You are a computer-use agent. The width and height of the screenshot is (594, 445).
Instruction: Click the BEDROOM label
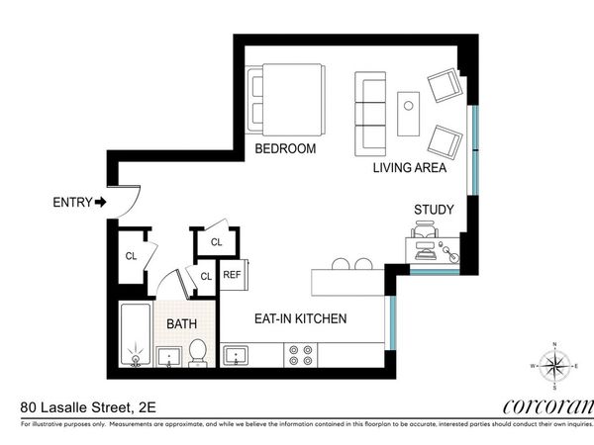tap(285, 149)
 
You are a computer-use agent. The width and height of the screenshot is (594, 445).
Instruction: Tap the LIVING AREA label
tap(409, 168)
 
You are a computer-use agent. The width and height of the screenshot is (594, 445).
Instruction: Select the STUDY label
tap(434, 210)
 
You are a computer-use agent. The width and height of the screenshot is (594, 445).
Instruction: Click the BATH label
tap(180, 323)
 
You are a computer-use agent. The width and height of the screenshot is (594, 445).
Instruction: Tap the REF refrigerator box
tap(233, 275)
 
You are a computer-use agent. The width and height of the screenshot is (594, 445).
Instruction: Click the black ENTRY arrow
tap(101, 202)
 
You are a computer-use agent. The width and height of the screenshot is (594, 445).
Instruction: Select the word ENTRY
tap(71, 203)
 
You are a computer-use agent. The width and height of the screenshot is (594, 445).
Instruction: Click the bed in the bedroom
tap(287, 100)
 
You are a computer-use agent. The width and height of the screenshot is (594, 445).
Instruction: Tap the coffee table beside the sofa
tap(409, 113)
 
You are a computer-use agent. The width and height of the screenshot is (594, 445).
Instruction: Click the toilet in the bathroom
tap(197, 352)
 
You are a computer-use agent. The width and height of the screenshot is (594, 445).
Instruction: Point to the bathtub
tap(135, 336)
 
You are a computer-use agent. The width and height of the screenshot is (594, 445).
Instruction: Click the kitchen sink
tap(237, 355)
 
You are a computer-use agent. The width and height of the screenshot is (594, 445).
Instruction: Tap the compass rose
tap(554, 365)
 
